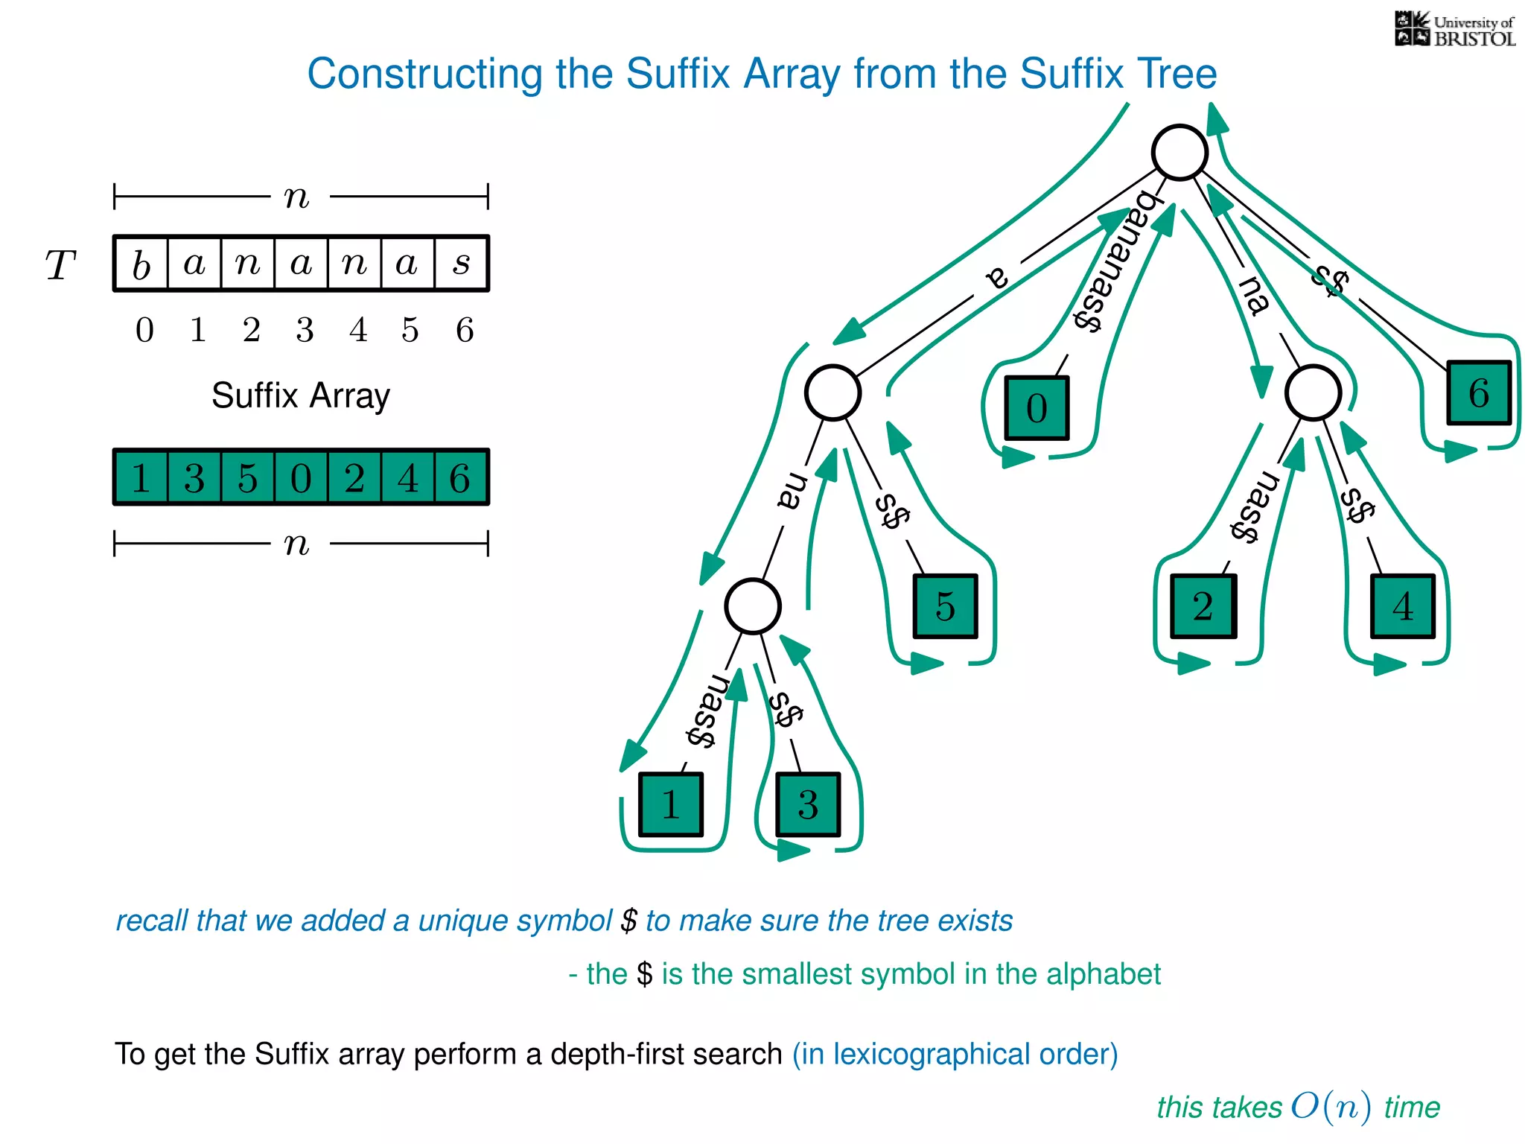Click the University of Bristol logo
1454,30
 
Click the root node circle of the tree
1179,152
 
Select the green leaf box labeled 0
1037,408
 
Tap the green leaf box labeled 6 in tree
1479,393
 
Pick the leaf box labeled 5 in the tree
946,606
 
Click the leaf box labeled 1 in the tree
671,805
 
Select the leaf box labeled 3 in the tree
808,805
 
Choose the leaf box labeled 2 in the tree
1203,606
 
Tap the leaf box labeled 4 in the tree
1403,606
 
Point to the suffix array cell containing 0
301,477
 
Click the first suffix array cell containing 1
141,477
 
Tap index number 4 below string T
358,330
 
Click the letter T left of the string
60,265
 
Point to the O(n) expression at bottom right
1331,1107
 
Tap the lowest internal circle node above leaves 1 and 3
753,606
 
